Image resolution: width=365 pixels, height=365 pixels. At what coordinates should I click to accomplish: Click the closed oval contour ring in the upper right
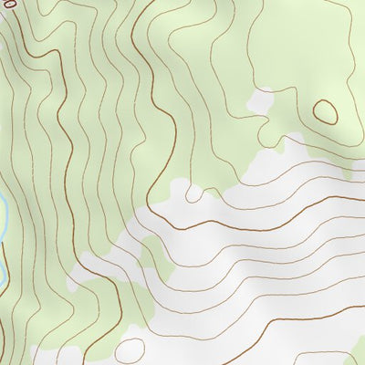[325, 111]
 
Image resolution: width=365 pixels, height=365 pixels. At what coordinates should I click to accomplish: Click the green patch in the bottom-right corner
[351, 351]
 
